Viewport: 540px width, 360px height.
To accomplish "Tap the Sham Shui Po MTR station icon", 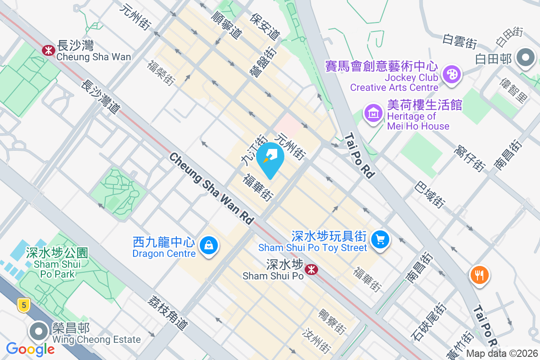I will (x=310, y=269).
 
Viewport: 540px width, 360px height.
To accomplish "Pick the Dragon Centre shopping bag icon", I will (x=209, y=246).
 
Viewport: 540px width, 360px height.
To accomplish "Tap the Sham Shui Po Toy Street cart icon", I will (x=381, y=239).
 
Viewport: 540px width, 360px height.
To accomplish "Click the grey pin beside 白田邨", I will (x=525, y=58).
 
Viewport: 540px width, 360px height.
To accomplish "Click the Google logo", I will (x=31, y=349).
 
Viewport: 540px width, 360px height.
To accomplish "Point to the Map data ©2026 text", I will (x=502, y=353).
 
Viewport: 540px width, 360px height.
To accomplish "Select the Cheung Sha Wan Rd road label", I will (x=211, y=188).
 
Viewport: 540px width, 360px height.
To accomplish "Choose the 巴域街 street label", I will (x=431, y=194).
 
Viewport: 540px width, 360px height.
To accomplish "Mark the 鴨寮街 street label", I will (x=333, y=321).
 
